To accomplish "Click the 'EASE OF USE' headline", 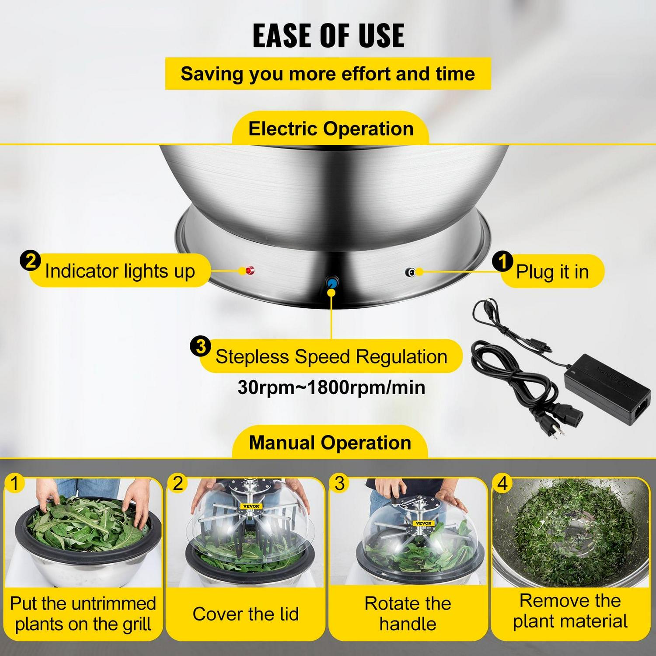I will coord(328,35).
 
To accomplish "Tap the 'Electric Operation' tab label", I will coord(331,129).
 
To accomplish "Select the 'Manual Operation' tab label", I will coord(330,443).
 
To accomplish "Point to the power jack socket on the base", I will coord(410,272).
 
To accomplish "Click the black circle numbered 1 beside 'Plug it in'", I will coord(502,262).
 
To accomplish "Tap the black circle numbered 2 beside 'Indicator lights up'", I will coord(30,261).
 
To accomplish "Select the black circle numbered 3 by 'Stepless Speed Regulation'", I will coord(200,347).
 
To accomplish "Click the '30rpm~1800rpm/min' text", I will coord(331,387).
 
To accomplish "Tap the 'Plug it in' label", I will coord(552,272).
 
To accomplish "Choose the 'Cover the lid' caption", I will coord(245,614).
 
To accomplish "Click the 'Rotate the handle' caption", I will coord(408,614).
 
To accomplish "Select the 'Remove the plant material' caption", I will coord(570,611).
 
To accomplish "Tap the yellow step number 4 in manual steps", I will coord(502,483).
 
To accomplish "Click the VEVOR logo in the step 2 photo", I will coord(251,506).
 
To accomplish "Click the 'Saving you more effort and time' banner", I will coord(328,74).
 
